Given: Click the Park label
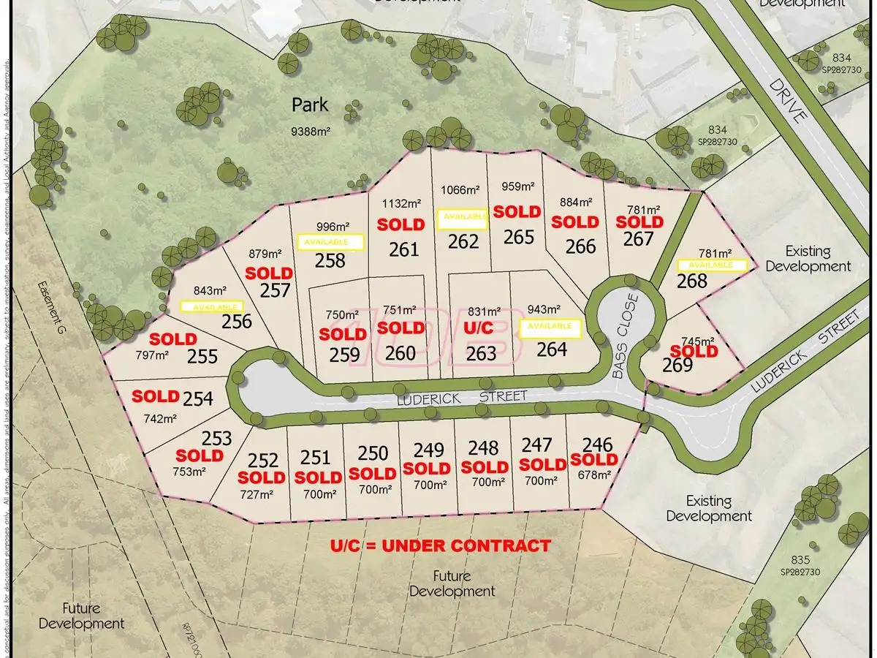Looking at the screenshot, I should click(x=310, y=105).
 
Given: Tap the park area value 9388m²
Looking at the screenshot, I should click(x=309, y=132).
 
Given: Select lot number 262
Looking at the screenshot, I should click(x=463, y=241).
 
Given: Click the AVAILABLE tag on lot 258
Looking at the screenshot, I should click(x=331, y=241).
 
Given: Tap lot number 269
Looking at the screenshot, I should click(x=677, y=365).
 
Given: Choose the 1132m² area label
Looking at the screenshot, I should click(x=401, y=203).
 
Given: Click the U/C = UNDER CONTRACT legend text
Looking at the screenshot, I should click(x=440, y=545).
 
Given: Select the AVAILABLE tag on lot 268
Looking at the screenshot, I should click(x=711, y=265).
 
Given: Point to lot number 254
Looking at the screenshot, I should click(x=198, y=399).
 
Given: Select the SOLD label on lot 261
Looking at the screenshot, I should click(x=400, y=224).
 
